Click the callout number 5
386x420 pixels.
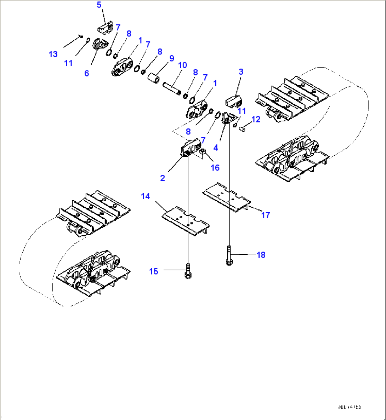(x=99, y=5)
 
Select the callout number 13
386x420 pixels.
(x=53, y=54)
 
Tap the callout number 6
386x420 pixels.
(x=86, y=74)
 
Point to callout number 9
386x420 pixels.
(x=172, y=58)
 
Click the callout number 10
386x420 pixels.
(x=182, y=65)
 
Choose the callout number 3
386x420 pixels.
(x=241, y=72)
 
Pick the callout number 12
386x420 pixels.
(x=256, y=120)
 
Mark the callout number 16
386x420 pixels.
(x=215, y=168)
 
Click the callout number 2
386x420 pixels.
(x=163, y=178)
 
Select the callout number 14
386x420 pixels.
(x=146, y=196)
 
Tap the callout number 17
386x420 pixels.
(x=266, y=215)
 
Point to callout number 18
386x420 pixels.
(x=261, y=255)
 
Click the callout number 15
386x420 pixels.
(x=154, y=271)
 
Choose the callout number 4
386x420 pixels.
(x=216, y=148)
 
